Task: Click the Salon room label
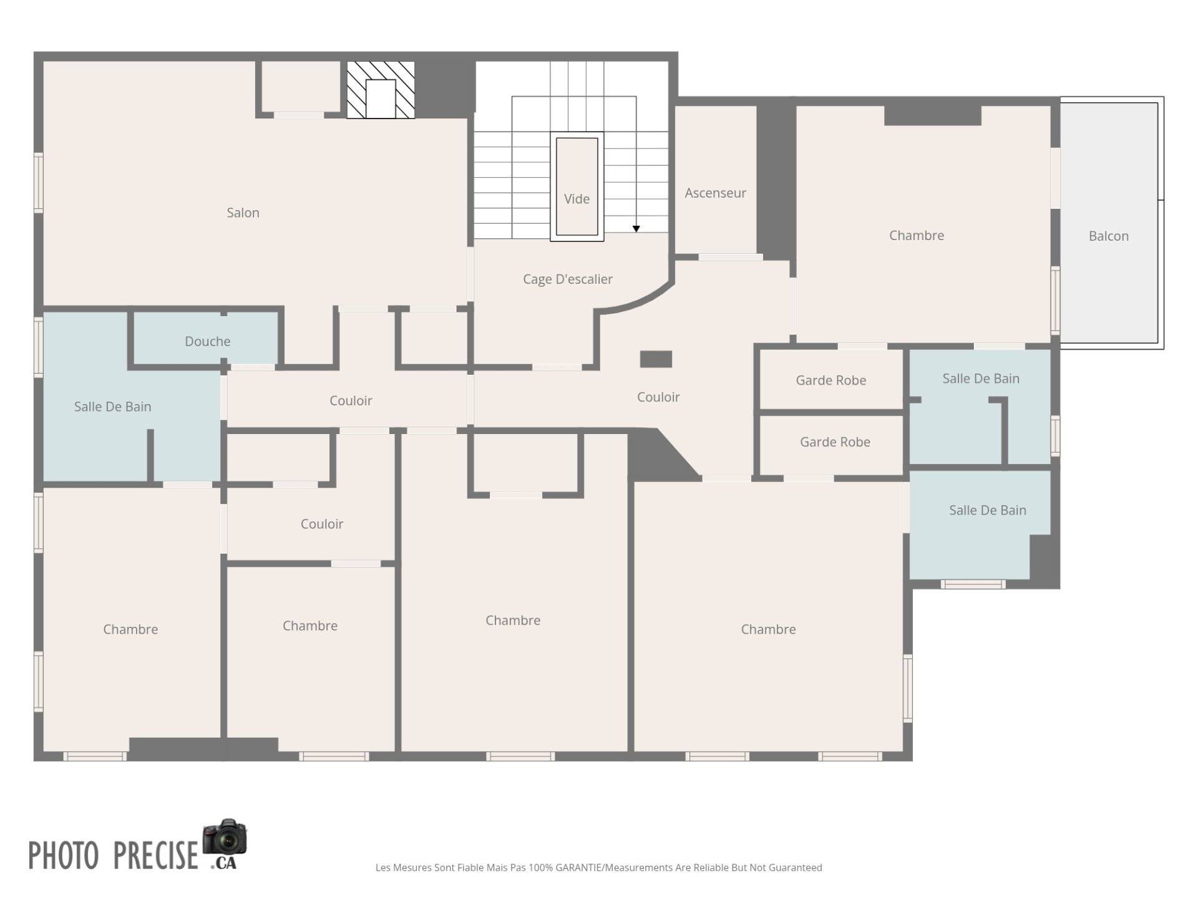click(x=243, y=213)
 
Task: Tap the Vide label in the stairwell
click(x=577, y=199)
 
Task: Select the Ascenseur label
click(x=715, y=193)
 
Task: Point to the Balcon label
click(x=1108, y=236)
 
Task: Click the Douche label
click(x=207, y=341)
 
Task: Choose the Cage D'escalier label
click(x=567, y=279)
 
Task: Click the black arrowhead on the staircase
click(x=636, y=229)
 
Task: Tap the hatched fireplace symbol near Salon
click(x=381, y=90)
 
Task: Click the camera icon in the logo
click(x=225, y=837)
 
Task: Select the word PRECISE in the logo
click(x=155, y=855)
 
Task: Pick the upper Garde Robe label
click(x=830, y=380)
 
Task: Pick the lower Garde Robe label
click(x=835, y=442)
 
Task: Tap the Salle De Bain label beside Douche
click(x=112, y=407)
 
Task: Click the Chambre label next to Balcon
click(x=916, y=236)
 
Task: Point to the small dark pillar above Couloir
click(x=656, y=359)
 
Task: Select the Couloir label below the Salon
click(x=351, y=401)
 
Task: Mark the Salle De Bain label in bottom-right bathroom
click(x=987, y=510)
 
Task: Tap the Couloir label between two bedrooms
click(x=321, y=524)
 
